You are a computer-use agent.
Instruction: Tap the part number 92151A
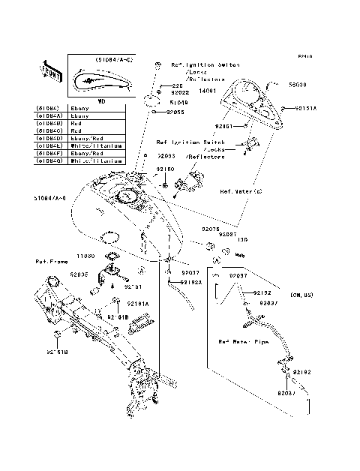click(305, 108)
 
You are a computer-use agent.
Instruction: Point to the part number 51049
click(178, 103)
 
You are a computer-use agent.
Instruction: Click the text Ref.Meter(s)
click(241, 190)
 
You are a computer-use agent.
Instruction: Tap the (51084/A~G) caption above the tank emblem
click(115, 58)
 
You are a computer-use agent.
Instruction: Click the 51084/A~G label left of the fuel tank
click(50, 198)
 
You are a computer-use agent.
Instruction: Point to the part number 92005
click(79, 274)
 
